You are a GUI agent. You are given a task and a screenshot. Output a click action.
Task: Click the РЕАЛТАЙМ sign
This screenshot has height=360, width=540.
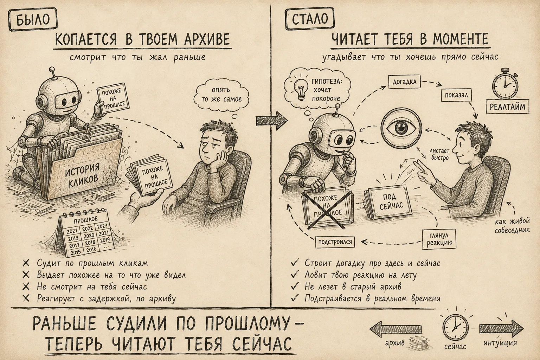tap(507, 107)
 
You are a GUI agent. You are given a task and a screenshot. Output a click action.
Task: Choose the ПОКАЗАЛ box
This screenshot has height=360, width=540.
tap(456, 95)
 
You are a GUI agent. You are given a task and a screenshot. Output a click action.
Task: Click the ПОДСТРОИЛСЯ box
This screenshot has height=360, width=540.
tap(335, 242)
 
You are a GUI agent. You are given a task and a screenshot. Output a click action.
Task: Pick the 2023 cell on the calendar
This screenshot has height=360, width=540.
tap(102, 226)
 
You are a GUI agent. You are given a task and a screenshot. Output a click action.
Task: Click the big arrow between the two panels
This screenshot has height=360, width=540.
tap(272, 121)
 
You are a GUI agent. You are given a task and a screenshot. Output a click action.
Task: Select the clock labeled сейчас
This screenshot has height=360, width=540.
tap(455, 328)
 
